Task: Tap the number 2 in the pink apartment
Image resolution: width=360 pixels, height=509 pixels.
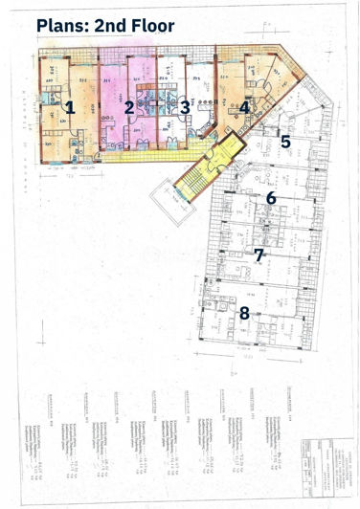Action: coord(128,106)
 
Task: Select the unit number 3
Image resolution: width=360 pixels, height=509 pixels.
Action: coord(184,106)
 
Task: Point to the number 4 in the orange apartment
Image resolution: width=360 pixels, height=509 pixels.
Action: coord(245,106)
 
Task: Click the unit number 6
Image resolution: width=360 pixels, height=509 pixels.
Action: coord(271,198)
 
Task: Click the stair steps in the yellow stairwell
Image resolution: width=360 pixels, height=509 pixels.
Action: coord(200,171)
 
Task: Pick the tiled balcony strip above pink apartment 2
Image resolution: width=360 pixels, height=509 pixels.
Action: coord(128,52)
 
